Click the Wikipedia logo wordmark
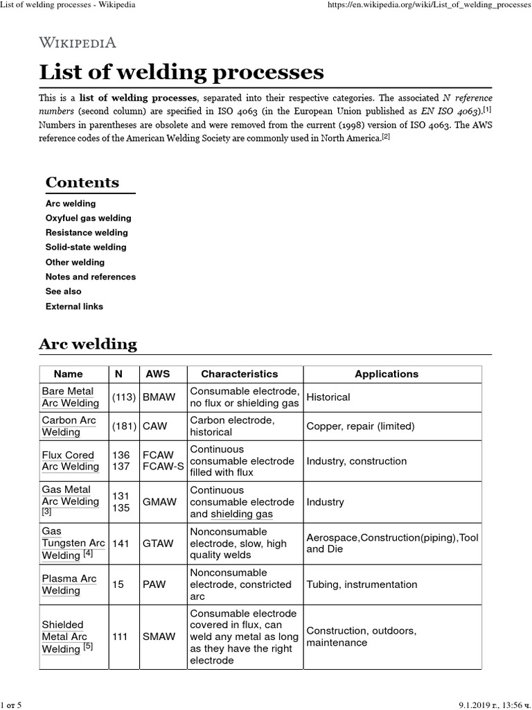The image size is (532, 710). (78, 42)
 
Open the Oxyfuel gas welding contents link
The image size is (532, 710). (88, 218)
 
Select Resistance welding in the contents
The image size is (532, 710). (87, 232)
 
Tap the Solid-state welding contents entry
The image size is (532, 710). (86, 247)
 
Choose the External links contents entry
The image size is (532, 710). (74, 306)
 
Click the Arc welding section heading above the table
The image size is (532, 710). (88, 344)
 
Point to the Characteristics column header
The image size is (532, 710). (240, 374)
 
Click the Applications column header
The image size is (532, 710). (387, 374)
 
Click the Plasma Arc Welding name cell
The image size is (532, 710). (69, 585)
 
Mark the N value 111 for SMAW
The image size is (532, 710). (120, 637)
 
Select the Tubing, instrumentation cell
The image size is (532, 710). (362, 585)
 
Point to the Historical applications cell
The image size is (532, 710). (328, 397)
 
